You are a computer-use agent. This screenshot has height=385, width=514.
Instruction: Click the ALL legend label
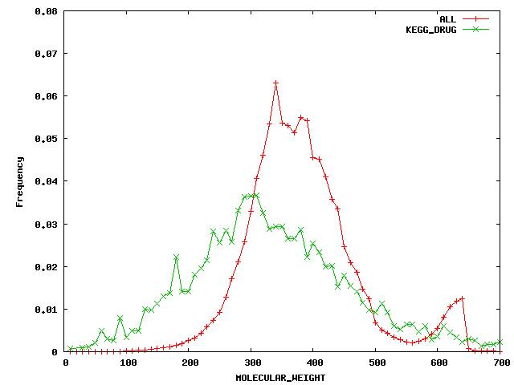[x=447, y=18]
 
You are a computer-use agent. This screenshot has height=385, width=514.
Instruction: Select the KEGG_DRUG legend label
[x=431, y=29]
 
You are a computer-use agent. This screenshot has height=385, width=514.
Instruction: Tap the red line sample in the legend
[x=477, y=18]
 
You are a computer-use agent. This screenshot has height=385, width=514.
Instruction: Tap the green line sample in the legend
[x=477, y=29]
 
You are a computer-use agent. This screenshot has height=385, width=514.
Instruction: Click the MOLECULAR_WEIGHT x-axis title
[x=280, y=377]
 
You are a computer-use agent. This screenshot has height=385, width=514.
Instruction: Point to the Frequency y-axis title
[x=19, y=181]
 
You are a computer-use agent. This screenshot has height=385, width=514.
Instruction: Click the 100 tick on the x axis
[x=128, y=363]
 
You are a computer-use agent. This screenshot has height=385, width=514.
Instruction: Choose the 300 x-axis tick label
[x=251, y=363]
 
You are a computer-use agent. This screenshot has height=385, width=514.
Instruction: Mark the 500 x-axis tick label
[x=376, y=363]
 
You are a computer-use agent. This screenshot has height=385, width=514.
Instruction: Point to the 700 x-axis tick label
[x=500, y=363]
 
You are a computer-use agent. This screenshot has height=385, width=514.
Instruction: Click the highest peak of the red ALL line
[x=275, y=83]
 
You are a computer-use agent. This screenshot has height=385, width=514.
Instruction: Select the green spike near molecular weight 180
[x=176, y=257]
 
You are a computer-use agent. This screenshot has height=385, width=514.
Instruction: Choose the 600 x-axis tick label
[x=438, y=363]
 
